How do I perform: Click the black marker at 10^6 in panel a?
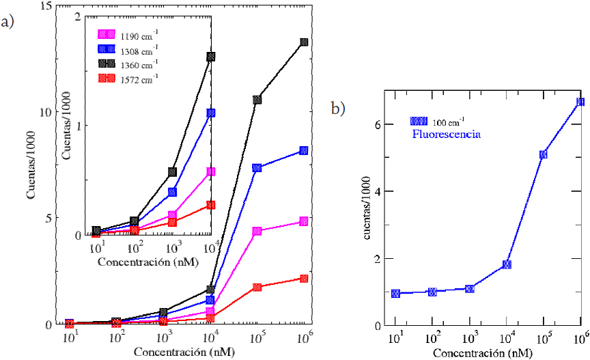[304, 42]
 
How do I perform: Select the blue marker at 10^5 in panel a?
[257, 168]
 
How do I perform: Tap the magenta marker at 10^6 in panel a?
[304, 222]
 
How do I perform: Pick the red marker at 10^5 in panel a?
[257, 288]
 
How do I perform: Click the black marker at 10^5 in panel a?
[257, 100]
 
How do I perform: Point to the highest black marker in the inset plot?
[211, 57]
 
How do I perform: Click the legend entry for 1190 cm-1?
[129, 33]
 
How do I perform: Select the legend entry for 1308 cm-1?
[129, 49]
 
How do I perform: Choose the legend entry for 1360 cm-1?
[129, 64]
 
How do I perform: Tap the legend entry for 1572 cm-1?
[129, 78]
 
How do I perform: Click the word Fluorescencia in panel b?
[446, 135]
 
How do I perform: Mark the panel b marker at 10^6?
[580, 102]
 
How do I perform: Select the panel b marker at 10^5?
[544, 154]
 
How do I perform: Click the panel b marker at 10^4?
[507, 264]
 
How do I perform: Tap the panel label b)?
[338, 108]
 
